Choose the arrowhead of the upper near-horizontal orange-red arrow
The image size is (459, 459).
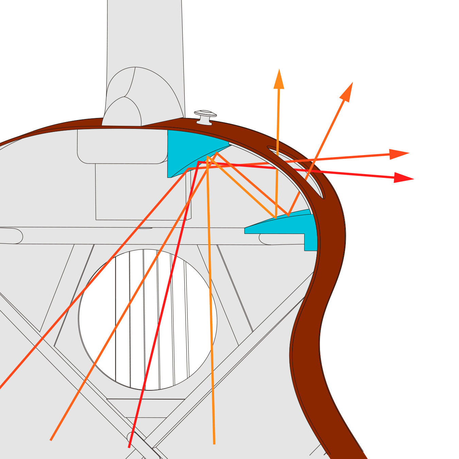[399, 154]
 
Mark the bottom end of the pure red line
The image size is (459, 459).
[129, 447]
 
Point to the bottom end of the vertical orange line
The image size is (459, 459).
[214, 443]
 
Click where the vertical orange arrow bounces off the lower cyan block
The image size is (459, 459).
[276, 217]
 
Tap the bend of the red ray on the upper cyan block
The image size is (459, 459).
[198, 162]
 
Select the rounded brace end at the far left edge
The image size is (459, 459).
[14, 236]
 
